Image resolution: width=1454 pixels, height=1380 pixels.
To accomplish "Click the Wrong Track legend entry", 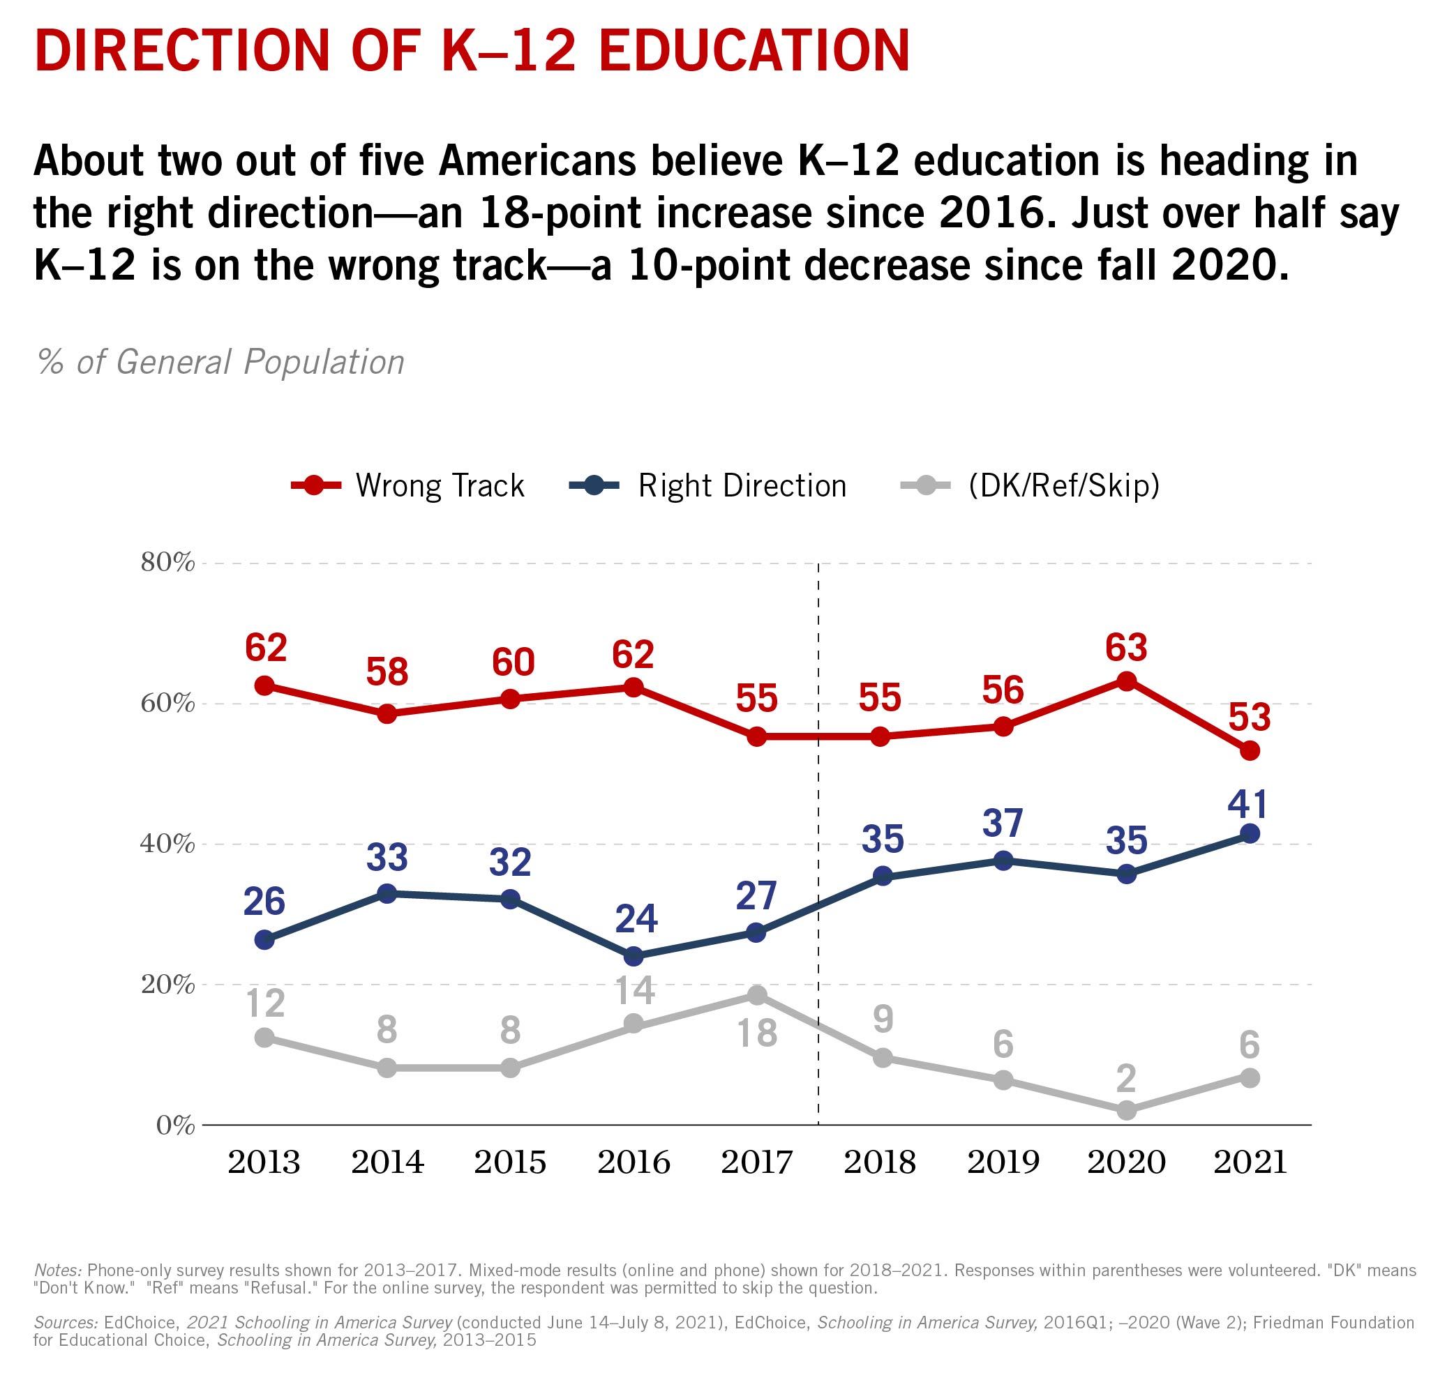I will (x=408, y=486).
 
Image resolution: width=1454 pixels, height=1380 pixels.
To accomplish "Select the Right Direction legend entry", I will (x=709, y=486).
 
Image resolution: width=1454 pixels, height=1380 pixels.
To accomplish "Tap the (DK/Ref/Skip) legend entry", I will (x=1030, y=486).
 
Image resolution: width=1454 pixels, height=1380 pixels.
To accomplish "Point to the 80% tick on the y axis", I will (x=167, y=563).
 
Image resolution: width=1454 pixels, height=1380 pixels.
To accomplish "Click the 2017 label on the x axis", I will (x=756, y=1162).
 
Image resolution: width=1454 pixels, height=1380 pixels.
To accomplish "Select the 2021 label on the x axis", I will (x=1250, y=1162).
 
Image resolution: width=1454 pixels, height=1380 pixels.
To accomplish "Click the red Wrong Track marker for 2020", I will (x=1126, y=681).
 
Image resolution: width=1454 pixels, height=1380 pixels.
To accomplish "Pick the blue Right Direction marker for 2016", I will (x=633, y=956).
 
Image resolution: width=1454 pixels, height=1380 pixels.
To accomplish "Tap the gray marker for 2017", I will (x=756, y=995).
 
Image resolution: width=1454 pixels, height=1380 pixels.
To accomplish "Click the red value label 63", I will (x=1126, y=647).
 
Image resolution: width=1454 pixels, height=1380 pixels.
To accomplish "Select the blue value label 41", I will (x=1248, y=804).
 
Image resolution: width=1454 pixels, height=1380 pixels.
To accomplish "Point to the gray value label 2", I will (x=1126, y=1079).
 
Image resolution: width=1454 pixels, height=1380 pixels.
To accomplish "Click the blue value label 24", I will (x=635, y=918).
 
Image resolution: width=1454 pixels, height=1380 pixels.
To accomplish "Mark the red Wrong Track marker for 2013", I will (x=264, y=685).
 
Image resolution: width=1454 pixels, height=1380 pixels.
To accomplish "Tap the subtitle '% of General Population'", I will (x=220, y=362).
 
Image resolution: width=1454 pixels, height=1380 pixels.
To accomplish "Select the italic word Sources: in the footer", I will (x=65, y=1322).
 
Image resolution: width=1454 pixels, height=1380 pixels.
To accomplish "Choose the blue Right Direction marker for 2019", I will (x=1003, y=860).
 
